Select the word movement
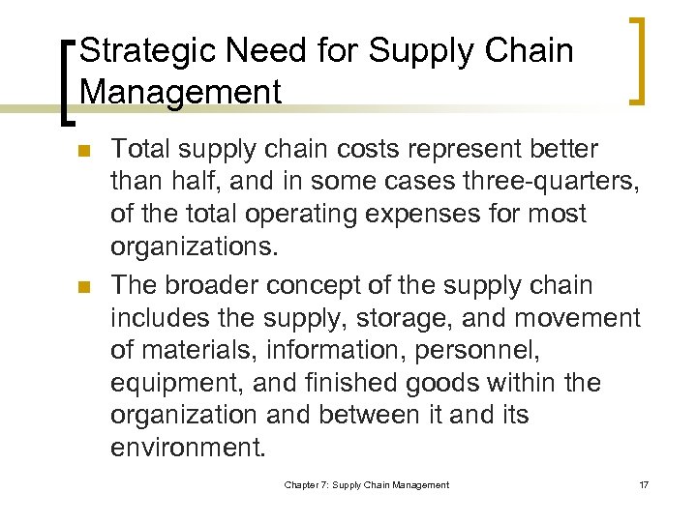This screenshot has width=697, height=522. coord(578,317)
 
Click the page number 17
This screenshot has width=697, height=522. coord(644,484)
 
